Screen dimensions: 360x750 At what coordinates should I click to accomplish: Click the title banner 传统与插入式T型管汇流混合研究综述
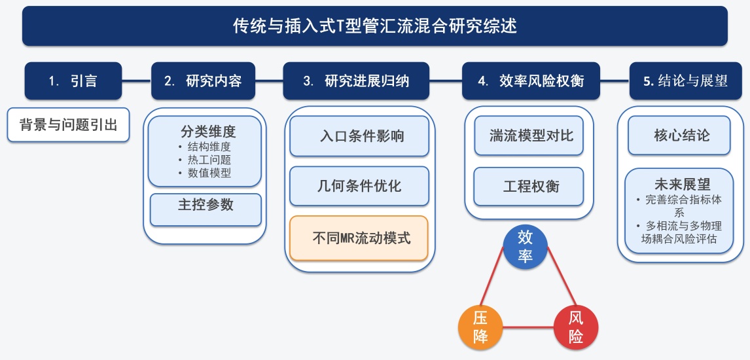[375, 26]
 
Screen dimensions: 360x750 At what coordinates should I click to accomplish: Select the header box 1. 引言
[73, 81]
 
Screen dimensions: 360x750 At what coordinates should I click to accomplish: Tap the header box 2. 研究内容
[203, 81]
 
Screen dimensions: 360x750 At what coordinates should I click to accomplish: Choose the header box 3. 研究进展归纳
[356, 81]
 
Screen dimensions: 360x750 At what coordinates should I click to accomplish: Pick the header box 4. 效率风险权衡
[531, 81]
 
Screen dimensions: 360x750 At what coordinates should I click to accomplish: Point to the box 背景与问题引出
[69, 125]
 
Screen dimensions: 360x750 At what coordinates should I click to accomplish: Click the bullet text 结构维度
[209, 147]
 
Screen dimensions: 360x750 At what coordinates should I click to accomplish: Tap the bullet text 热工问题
[209, 160]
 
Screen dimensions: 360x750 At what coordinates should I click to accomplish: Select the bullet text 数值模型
[209, 173]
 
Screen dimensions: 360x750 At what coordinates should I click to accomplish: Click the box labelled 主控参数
[205, 205]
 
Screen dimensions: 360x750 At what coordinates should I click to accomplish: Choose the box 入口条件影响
[359, 136]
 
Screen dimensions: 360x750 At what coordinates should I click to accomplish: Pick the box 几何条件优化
[359, 186]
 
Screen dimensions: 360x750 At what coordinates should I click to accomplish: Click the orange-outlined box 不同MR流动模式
[359, 238]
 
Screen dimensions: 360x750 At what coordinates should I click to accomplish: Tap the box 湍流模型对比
[529, 136]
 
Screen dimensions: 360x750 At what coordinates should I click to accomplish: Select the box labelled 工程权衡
[529, 186]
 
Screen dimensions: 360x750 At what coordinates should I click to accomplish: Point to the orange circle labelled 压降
[480, 328]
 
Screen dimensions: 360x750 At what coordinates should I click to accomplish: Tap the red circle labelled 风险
[576, 328]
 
